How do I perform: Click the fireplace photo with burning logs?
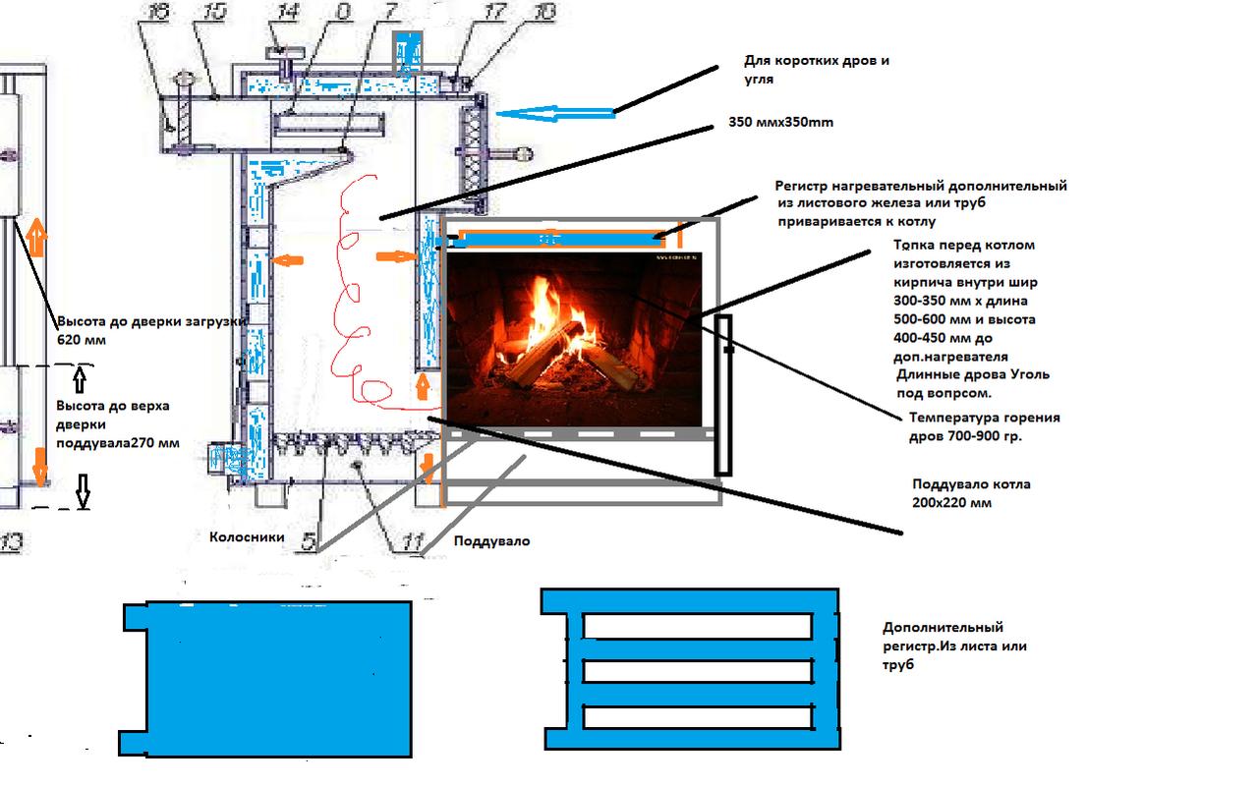click(x=574, y=339)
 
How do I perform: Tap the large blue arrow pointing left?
click(x=555, y=114)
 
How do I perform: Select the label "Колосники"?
click(x=247, y=537)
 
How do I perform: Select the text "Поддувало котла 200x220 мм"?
click(x=971, y=493)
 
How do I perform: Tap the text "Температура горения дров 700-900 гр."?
click(x=984, y=427)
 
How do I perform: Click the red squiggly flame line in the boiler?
click(x=354, y=295)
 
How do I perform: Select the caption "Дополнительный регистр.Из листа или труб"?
click(x=953, y=646)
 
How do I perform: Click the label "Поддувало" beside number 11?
click(x=491, y=540)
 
